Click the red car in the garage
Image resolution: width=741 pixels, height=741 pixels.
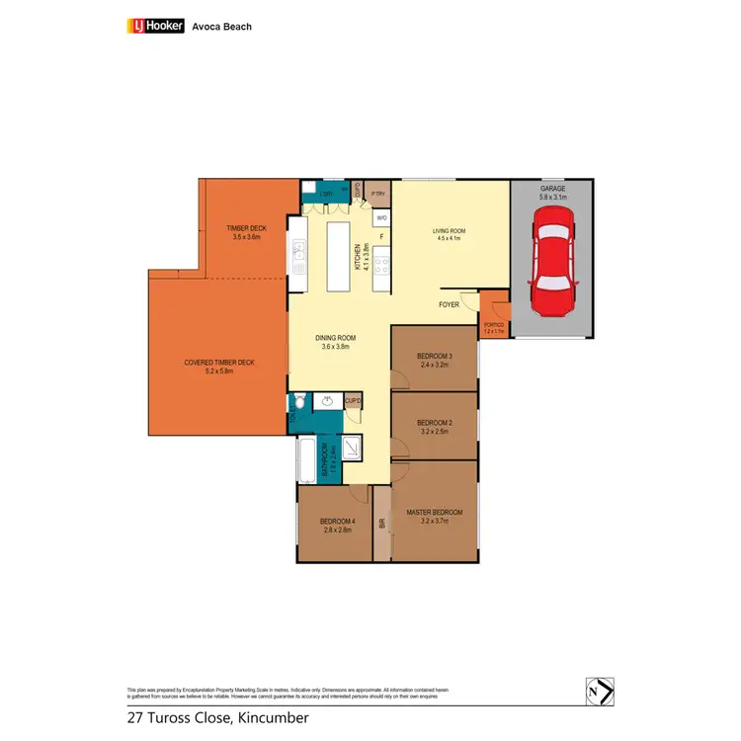pyautogui.click(x=550, y=266)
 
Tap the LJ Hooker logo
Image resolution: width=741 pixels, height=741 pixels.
pyautogui.click(x=156, y=26)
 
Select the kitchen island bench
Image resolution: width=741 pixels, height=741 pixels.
pyautogui.click(x=339, y=255)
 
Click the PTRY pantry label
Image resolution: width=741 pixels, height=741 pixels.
pyautogui.click(x=377, y=193)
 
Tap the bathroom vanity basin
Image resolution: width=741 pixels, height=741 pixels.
pyautogui.click(x=327, y=401)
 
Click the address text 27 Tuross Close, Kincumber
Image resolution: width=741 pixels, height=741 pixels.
pyautogui.click(x=217, y=717)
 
